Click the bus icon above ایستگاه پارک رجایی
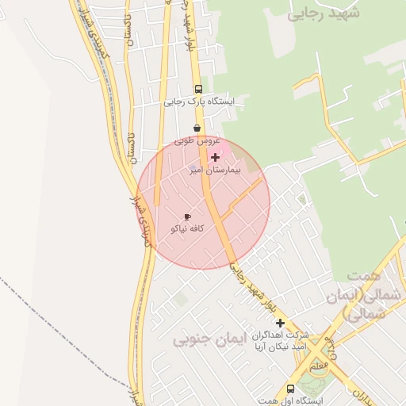tap(197, 89)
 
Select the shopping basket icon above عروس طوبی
tap(197, 128)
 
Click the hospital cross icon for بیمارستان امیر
tap(215, 158)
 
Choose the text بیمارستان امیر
tap(215, 170)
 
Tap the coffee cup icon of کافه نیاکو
tap(187, 216)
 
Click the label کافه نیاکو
tap(188, 228)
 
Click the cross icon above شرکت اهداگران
tap(279, 323)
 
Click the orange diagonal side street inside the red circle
tap(242, 199)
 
